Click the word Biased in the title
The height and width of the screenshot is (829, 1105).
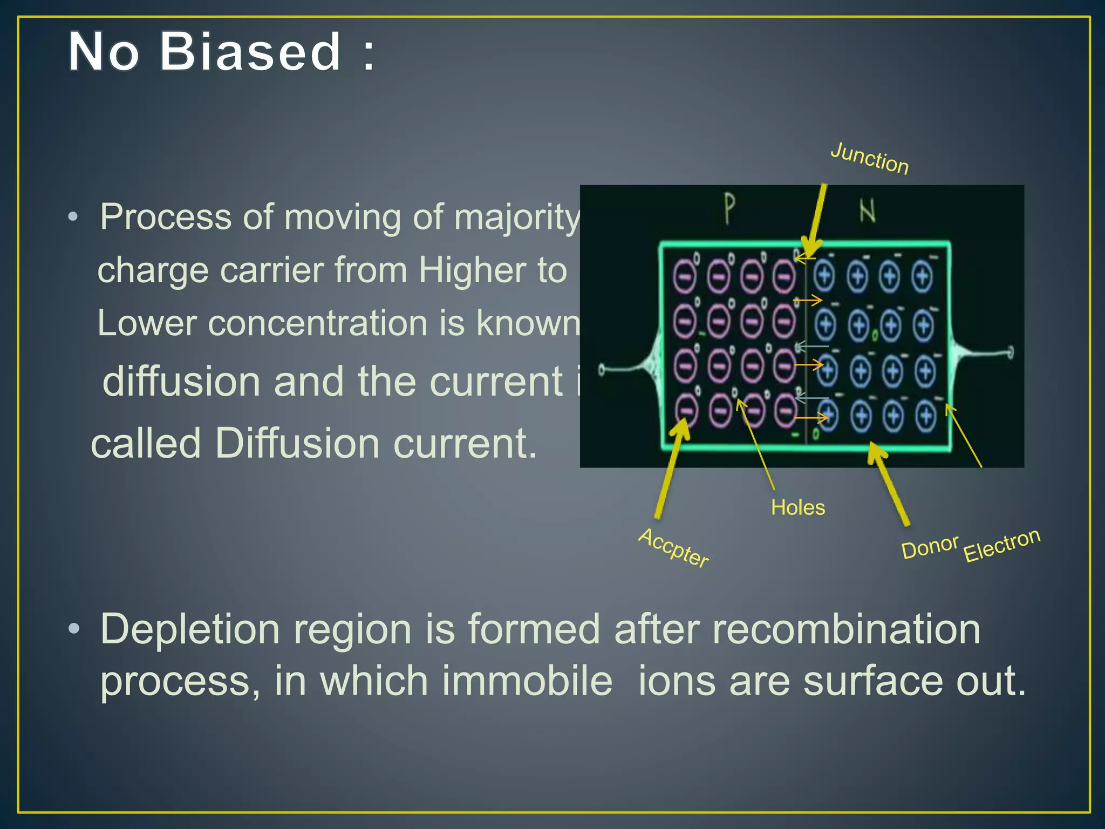tap(251, 52)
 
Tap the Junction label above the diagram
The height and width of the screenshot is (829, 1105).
tap(869, 158)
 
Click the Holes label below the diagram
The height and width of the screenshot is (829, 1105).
tap(797, 507)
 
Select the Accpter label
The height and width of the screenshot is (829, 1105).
tap(673, 548)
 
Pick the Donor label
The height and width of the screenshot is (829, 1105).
tap(930, 547)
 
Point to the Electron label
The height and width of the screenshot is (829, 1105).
tap(1001, 545)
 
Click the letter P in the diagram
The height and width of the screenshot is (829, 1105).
tap(729, 209)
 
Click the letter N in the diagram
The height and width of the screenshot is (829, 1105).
tap(867, 211)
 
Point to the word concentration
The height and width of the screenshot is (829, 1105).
tap(317, 323)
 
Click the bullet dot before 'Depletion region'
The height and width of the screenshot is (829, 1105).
tap(74, 628)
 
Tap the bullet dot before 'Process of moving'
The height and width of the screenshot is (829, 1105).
tap(73, 217)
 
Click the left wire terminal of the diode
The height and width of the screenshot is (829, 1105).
tap(602, 370)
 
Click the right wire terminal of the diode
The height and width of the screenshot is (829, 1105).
tap(1010, 354)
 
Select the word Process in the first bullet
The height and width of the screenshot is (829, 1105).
tap(166, 217)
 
